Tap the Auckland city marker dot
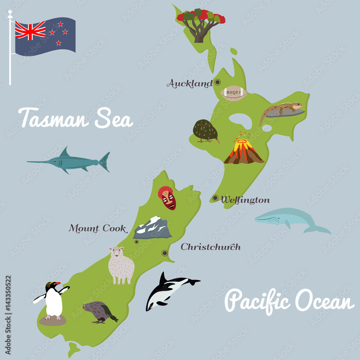(217, 82)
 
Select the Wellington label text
(245, 200)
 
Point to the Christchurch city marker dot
(165, 253)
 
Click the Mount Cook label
(98, 228)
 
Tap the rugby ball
(234, 93)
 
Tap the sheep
(121, 265)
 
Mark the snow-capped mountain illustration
(153, 228)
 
